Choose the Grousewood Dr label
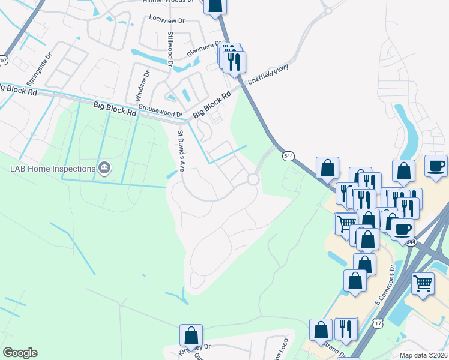tap(160, 111)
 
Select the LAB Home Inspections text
tap(53, 169)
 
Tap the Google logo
tap(20, 353)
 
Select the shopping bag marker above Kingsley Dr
tap(191, 334)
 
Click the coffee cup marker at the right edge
tap(436, 166)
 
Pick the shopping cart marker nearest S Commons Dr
tap(423, 283)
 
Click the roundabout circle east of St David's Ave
tap(253, 179)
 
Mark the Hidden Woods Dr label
tap(170, 2)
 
